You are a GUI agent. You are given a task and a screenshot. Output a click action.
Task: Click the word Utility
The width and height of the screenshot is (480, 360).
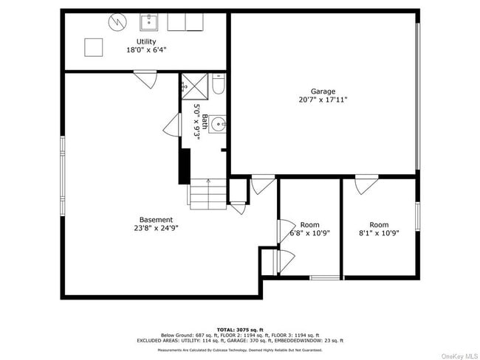click(145, 41)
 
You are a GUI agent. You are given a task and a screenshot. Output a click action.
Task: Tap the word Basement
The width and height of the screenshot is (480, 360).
click(156, 219)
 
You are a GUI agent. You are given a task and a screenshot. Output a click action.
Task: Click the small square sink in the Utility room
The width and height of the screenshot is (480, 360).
click(147, 20)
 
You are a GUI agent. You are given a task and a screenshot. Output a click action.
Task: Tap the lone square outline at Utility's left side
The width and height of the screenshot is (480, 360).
click(93, 47)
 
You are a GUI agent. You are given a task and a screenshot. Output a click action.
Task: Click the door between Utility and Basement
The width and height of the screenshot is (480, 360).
click(145, 77)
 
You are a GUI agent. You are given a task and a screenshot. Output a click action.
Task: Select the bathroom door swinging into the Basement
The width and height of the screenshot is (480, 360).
click(172, 125)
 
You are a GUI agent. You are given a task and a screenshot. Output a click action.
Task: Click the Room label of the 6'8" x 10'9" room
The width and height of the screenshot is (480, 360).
click(310, 225)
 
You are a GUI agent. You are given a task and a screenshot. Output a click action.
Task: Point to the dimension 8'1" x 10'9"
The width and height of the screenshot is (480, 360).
click(379, 233)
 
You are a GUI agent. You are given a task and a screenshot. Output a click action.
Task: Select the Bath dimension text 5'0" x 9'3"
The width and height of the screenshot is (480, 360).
click(197, 121)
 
